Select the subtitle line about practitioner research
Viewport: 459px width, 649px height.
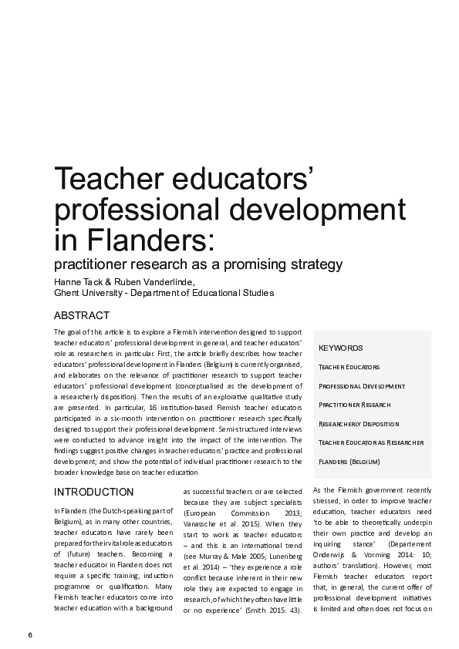pyautogui.click(x=197, y=265)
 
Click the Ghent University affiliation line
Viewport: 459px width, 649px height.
pyautogui.click(x=163, y=293)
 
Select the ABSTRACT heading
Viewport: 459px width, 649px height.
pyautogui.click(x=81, y=315)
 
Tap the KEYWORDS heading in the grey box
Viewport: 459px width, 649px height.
pyautogui.click(x=340, y=348)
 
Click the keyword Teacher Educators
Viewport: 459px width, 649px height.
pyautogui.click(x=349, y=367)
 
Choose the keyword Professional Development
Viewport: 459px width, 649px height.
pyautogui.click(x=362, y=385)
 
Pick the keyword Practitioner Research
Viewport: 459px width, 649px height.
pyautogui.click(x=354, y=405)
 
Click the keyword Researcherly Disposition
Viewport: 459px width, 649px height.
pyautogui.click(x=359, y=423)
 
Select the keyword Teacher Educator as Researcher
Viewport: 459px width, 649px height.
pyautogui.click(x=371, y=442)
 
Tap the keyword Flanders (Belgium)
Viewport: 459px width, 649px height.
pyautogui.click(x=349, y=461)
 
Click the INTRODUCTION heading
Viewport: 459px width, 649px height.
pyautogui.click(x=93, y=492)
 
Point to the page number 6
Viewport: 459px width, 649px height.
pyautogui.click(x=30, y=634)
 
